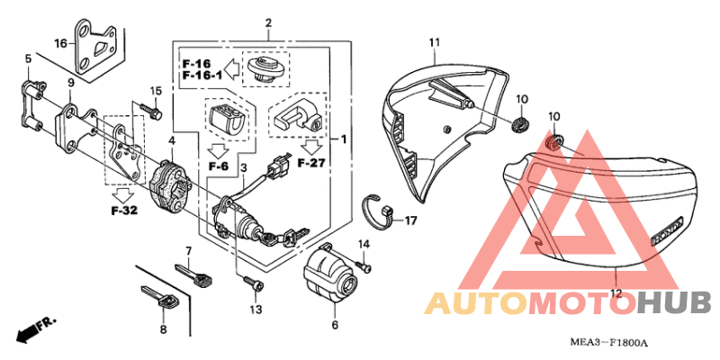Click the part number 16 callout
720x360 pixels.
point(60,43)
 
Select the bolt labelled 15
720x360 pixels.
point(149,110)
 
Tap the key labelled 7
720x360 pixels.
point(193,275)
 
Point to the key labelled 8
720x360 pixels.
point(160,298)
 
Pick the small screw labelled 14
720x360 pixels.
point(364,265)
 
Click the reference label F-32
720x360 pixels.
point(124,211)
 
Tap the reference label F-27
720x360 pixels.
point(312,163)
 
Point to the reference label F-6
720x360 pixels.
point(218,166)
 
